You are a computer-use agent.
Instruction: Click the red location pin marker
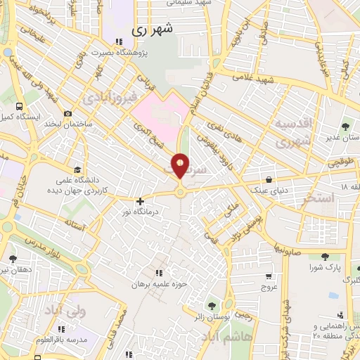181,166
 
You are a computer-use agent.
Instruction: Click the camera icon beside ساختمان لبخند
67,114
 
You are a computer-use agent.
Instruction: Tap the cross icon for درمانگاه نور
140,201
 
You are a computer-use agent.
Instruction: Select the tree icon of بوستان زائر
212,305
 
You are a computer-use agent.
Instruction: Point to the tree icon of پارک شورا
324,257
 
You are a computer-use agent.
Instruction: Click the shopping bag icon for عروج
270,277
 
